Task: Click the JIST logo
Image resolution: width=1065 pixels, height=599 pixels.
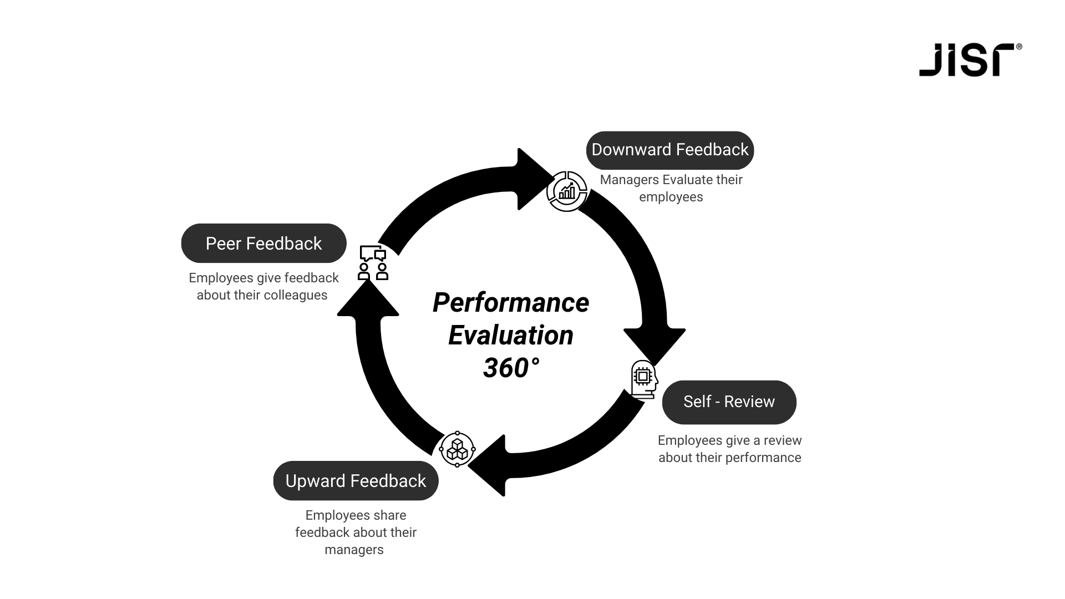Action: pos(970,60)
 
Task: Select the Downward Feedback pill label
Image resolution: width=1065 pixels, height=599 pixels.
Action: pos(670,150)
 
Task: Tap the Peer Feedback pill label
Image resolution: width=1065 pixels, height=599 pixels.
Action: pos(263,243)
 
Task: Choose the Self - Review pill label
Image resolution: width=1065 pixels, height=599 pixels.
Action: pos(729,402)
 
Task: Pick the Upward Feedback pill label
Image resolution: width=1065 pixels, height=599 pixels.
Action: pos(356,481)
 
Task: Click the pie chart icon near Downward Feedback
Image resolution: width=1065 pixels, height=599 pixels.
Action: pos(567,191)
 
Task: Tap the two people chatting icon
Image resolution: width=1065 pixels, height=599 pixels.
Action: pos(373,262)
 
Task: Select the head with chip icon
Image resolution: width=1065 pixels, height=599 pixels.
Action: pos(644,379)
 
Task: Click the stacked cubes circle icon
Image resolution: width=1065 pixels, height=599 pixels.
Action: pos(457,449)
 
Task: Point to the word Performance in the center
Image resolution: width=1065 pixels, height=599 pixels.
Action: pos(510,303)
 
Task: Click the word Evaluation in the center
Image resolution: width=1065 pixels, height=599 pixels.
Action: pos(510,336)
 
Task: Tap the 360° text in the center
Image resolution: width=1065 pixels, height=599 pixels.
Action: pos(510,368)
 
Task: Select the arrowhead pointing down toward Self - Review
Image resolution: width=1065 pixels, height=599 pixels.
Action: pos(655,344)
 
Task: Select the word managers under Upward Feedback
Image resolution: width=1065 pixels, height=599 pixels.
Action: pos(354,550)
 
